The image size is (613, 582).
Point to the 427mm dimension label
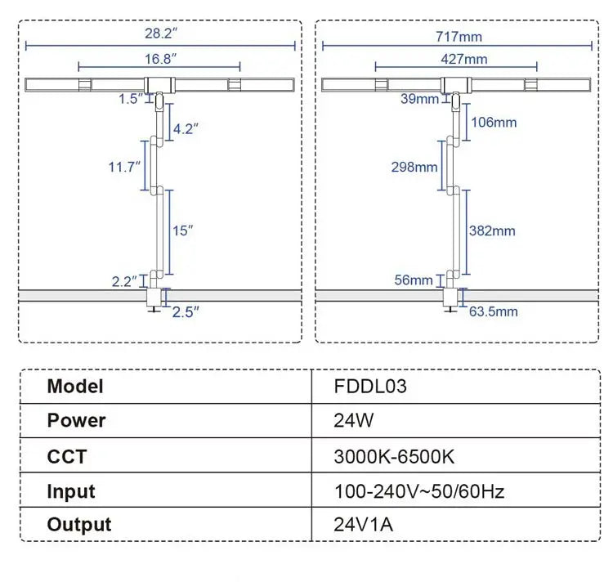pos(463,58)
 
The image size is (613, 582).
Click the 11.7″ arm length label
pos(124,166)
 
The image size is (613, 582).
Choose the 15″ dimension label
pos(183,231)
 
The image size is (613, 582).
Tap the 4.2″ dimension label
pos(186,128)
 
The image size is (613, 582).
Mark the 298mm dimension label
pos(414,167)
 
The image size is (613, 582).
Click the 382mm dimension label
pos(492,231)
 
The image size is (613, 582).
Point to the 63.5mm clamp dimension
pos(494,311)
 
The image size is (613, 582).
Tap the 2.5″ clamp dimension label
pos(186,311)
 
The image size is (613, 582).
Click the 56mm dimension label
pos(413,280)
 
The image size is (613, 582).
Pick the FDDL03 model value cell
pos(370,386)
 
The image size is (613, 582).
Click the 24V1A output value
pos(364,524)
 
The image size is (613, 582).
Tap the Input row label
pos(71,491)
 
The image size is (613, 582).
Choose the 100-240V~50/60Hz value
pos(419,491)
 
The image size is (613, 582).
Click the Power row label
pos(77,421)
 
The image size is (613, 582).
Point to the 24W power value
pos(353,421)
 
